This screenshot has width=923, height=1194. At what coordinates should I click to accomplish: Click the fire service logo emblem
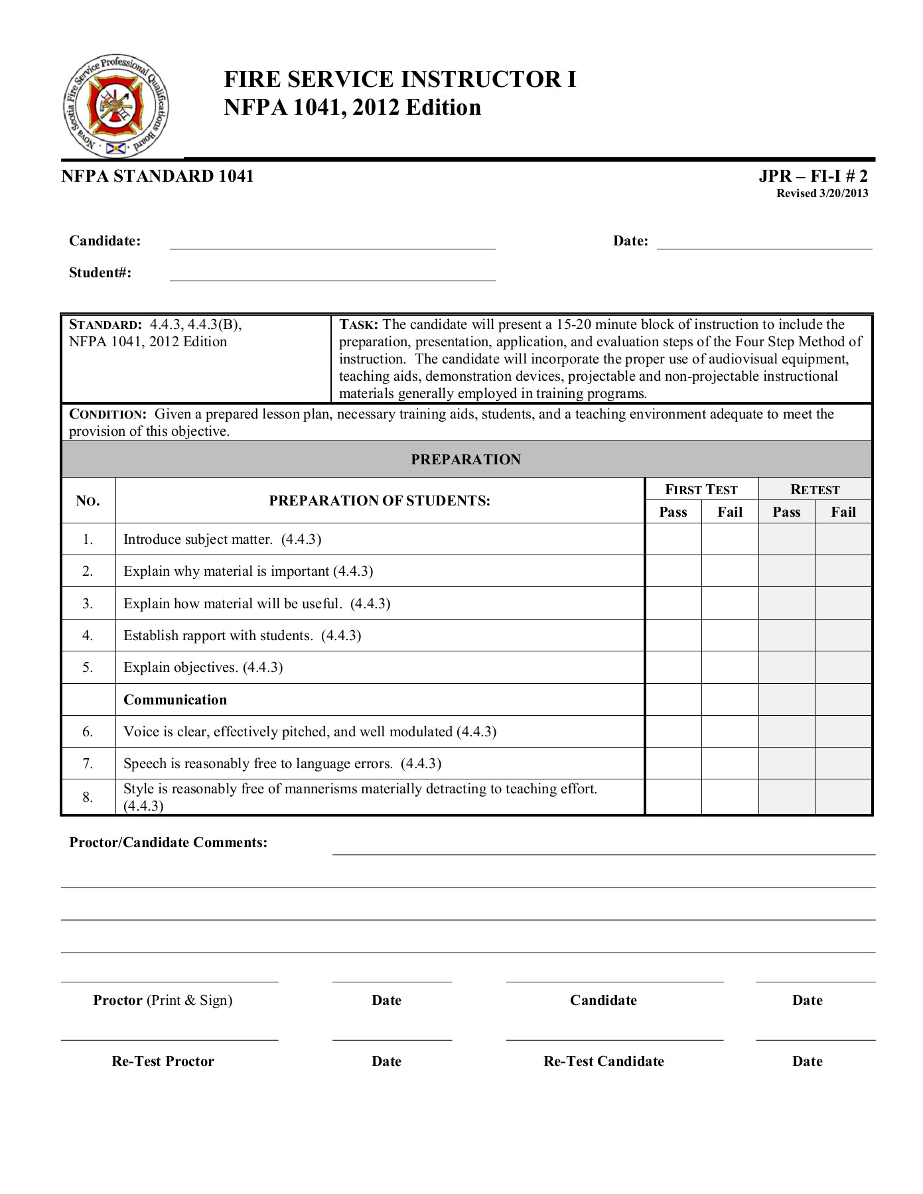click(115, 106)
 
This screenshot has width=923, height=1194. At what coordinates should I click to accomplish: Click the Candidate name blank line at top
click(332, 243)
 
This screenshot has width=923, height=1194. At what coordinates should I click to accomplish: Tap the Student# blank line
click(332, 275)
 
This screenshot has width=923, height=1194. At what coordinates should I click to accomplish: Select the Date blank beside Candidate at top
click(764, 243)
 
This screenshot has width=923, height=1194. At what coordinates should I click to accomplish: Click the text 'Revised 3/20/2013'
click(822, 194)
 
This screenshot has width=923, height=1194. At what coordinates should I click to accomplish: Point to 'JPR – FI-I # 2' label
click(813, 176)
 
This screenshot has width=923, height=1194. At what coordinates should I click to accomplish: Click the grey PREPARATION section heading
click(466, 460)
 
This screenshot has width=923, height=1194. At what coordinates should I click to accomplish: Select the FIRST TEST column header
click(701, 490)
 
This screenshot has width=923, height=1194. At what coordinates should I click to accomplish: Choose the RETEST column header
click(815, 490)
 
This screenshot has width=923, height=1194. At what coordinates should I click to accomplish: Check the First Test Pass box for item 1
click(673, 539)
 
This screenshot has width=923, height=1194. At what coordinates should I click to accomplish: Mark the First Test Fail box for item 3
click(730, 603)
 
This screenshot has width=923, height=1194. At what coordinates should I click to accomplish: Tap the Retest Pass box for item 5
click(786, 667)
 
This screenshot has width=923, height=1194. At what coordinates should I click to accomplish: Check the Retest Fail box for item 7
click(843, 763)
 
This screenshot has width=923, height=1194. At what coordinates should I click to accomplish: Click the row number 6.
click(88, 732)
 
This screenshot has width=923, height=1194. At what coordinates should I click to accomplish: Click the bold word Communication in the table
click(175, 700)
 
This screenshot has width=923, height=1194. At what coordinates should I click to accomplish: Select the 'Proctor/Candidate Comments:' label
click(169, 842)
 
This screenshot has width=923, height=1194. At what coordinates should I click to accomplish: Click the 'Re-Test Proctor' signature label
click(163, 1061)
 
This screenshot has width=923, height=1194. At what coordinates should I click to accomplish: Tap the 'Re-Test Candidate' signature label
click(604, 1061)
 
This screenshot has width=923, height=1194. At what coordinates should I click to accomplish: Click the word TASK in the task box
click(358, 325)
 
